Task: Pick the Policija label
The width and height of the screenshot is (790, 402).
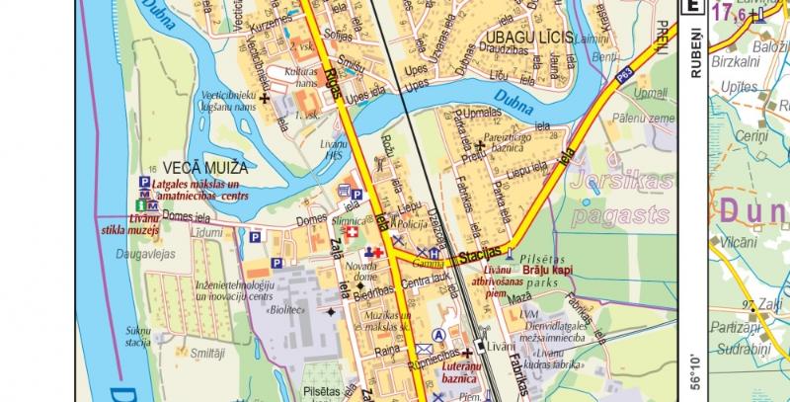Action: (x=410, y=226)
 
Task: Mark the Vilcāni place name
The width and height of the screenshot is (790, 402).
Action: (x=739, y=241)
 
